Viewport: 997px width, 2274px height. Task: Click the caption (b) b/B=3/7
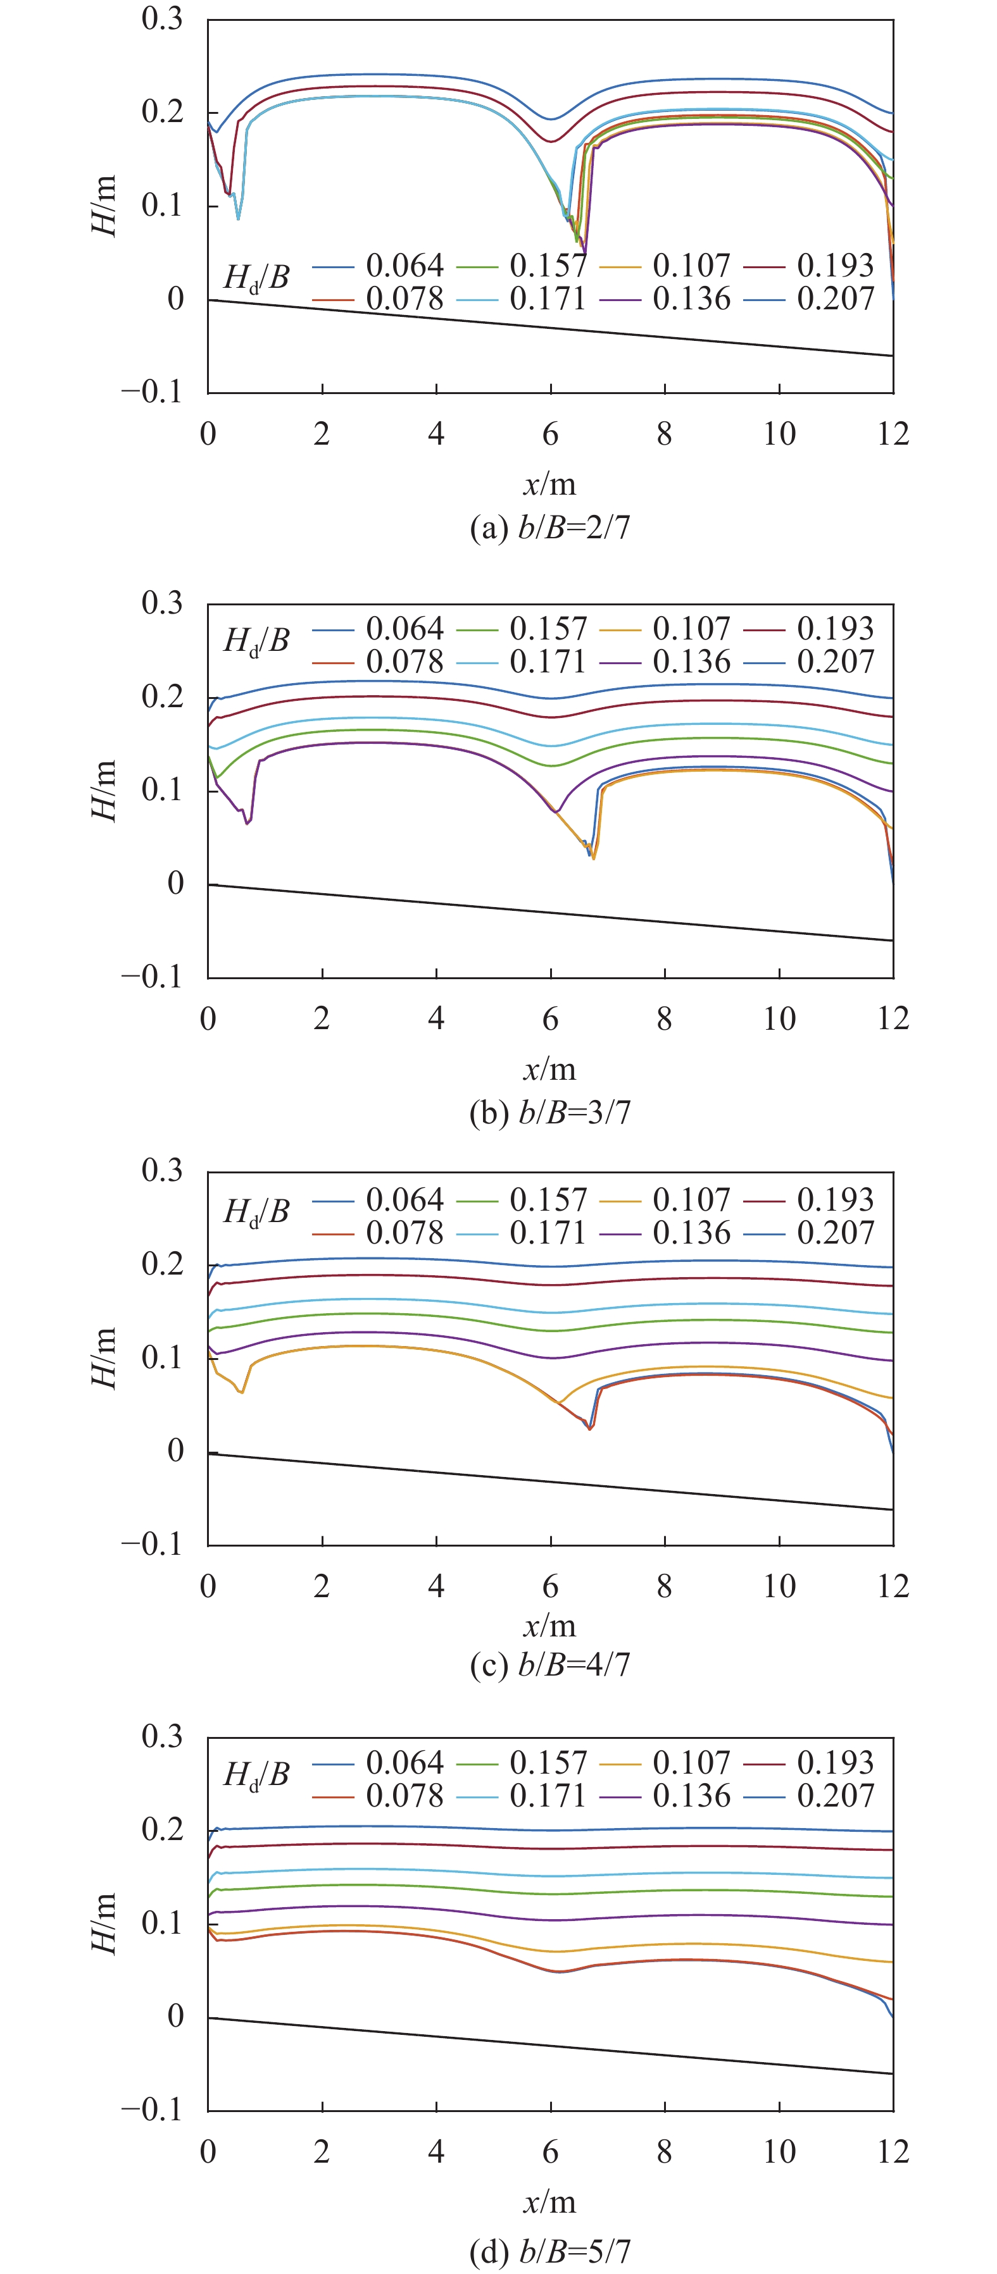(549, 1112)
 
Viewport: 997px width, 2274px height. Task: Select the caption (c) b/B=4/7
(549, 1665)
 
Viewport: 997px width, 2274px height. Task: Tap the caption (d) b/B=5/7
(549, 2251)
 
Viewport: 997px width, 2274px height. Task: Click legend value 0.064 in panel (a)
(404, 266)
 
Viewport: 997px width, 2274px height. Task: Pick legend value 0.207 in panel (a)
(834, 299)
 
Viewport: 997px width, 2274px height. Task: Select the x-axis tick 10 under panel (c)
(779, 1586)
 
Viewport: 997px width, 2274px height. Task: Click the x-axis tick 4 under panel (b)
(436, 1018)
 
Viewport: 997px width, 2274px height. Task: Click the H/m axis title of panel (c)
(104, 1357)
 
